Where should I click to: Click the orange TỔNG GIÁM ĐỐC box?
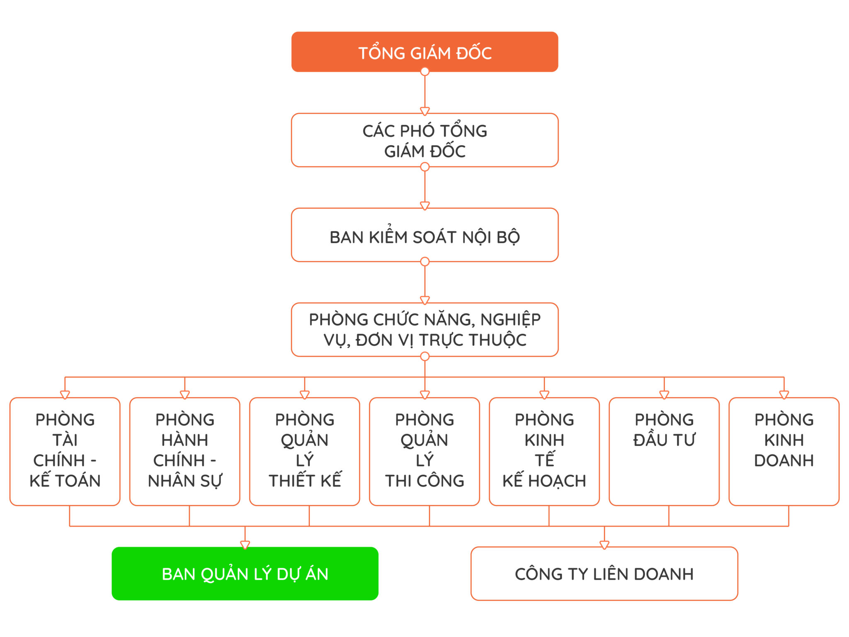pos(424,52)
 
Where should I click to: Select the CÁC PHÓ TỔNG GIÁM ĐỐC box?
pos(424,140)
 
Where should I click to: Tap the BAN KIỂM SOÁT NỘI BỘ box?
pos(424,235)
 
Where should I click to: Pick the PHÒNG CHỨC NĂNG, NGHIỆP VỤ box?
pos(424,330)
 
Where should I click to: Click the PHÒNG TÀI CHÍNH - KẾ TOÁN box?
pos(65,451)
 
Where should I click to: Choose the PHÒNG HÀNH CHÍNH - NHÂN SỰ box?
pos(185,451)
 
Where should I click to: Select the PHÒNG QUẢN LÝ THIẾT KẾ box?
pos(305,451)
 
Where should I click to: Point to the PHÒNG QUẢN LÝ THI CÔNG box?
pos(424,451)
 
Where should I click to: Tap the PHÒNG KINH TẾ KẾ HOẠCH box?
pos(544,451)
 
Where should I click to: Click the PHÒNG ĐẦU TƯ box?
pos(664,451)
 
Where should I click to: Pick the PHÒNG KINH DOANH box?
pos(784,451)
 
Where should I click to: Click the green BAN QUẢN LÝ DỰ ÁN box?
pos(245,574)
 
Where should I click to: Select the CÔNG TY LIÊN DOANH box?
pos(604,574)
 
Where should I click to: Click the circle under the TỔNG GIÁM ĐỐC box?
pos(424,72)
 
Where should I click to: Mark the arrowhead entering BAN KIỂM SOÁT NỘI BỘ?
pos(424,206)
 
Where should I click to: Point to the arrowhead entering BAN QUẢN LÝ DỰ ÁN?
pos(245,545)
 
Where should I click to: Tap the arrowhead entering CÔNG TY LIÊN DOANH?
pos(604,545)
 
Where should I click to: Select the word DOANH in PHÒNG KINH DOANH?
pos(784,460)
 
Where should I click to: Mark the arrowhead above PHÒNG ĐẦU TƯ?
pos(664,394)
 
